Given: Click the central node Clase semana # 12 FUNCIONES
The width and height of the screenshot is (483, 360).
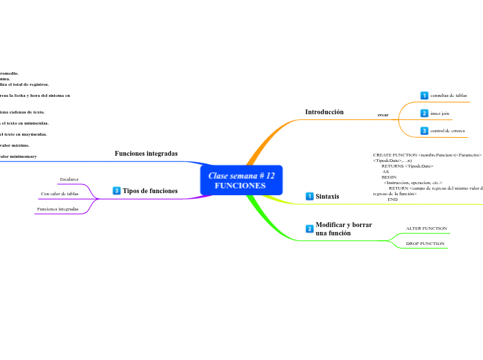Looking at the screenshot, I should coord(241,181).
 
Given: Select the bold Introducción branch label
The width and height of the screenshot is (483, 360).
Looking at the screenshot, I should coord(324,112).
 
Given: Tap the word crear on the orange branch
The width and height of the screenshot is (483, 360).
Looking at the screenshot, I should coord(383,114).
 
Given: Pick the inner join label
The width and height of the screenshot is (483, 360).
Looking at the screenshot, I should coord(439,113).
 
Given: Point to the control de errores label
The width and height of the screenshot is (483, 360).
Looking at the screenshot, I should coord(447,131).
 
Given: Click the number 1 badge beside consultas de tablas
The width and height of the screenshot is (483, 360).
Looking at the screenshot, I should coord(424,96).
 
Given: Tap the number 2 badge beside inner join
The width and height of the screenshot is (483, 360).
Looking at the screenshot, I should coord(424,113).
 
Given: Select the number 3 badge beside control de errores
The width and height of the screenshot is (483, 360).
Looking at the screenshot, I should coord(424,131).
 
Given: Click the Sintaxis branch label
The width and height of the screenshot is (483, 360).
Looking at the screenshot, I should coord(327,197).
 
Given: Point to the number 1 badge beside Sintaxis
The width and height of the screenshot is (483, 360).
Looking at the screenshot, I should coord(310,197).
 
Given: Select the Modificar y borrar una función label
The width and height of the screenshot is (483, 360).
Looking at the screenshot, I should coord(344,229).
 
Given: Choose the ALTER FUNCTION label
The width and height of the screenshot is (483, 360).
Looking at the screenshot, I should coord(426,228).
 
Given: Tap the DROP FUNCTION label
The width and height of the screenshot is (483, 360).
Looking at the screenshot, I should coord(425,244).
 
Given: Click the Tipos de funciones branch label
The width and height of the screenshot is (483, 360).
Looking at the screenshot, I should coord(150,190).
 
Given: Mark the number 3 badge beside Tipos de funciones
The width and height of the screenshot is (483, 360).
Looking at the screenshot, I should coord(116,190).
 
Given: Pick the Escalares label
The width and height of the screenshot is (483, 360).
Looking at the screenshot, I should coord(69,179).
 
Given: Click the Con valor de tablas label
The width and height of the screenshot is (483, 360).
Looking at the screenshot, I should coord(60,194).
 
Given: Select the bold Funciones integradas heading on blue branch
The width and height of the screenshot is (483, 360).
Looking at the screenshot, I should coord(146,153).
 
